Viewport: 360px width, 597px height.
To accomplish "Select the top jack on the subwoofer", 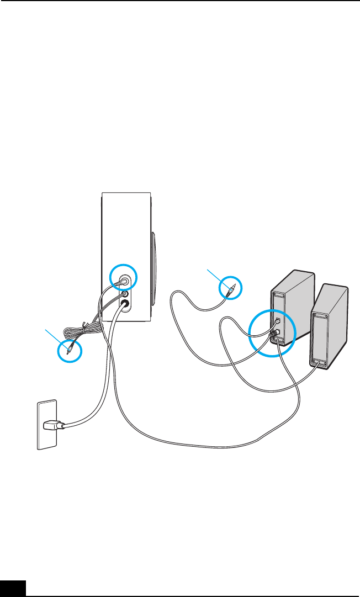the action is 122,279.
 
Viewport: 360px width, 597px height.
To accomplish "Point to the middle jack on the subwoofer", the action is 125,293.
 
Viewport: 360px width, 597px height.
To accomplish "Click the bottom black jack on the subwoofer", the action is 125,303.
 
